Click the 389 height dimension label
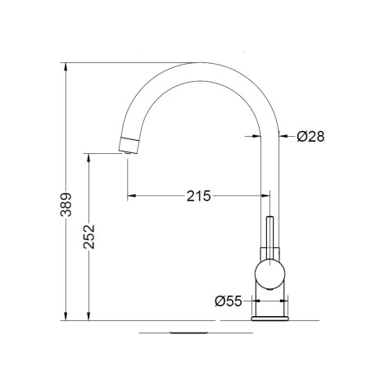point(66,205)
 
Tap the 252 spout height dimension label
point(89,237)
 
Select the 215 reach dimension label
point(198,196)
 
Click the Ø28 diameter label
point(310,136)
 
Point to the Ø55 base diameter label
point(229,301)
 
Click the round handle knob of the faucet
point(269,274)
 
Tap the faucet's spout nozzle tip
point(127,152)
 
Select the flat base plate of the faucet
point(269,319)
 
